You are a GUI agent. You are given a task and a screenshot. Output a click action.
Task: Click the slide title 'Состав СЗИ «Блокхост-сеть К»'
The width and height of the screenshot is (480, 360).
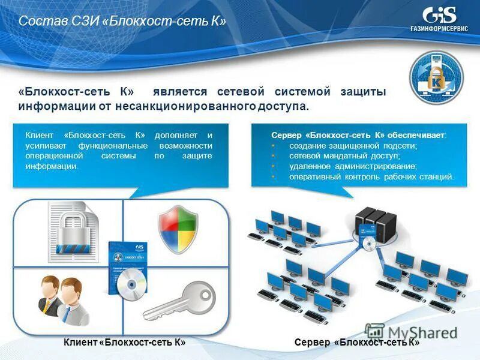pos(122,22)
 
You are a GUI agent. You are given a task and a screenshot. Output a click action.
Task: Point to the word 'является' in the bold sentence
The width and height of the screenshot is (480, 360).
pos(179,92)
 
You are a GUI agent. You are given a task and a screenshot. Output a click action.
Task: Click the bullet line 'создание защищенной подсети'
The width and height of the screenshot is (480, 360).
pos(353,146)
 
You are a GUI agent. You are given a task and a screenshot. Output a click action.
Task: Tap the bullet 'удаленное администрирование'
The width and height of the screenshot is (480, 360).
pos(353,166)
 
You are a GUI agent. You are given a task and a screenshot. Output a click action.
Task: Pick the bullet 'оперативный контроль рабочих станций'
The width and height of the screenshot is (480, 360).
pos(371,177)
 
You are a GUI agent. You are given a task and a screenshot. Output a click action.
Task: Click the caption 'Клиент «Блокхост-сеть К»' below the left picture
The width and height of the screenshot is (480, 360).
pos(124,342)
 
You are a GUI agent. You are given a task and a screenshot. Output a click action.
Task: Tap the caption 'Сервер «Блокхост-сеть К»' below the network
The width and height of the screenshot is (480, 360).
pos(357,342)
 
